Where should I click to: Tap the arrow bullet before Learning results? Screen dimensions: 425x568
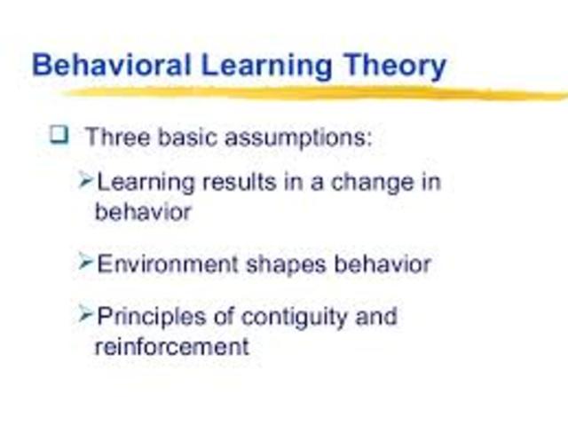pos(85,181)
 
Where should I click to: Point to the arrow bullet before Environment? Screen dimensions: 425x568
pos(85,262)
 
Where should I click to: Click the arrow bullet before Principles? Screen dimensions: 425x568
pos(85,314)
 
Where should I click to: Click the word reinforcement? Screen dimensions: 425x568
pos(172,346)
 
